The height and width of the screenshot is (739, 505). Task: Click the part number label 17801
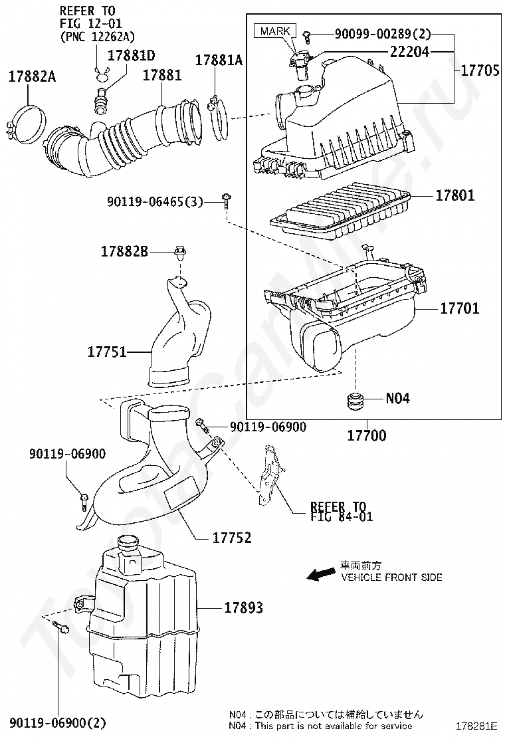[x=454, y=195]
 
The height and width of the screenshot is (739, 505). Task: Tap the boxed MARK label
[x=275, y=31]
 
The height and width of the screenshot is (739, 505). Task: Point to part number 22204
[x=409, y=52]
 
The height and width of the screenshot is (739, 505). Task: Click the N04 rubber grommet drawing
[x=357, y=401]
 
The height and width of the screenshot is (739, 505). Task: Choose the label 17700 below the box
[x=367, y=435]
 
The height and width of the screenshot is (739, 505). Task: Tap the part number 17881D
[x=131, y=55]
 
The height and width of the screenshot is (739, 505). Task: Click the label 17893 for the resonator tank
[x=243, y=607]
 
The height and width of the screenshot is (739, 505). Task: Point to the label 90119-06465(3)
[x=155, y=202]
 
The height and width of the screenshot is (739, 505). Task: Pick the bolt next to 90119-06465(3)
[x=226, y=203]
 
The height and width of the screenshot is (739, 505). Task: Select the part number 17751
[x=107, y=352]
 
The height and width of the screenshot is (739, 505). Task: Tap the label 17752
[x=232, y=537]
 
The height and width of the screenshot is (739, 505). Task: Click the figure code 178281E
[x=476, y=725]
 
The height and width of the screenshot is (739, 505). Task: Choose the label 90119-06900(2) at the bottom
[x=57, y=722]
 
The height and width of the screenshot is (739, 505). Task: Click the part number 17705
[x=480, y=70]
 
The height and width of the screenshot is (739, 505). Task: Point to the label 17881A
[x=219, y=60]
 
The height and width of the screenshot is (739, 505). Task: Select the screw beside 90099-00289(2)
[x=307, y=33]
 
